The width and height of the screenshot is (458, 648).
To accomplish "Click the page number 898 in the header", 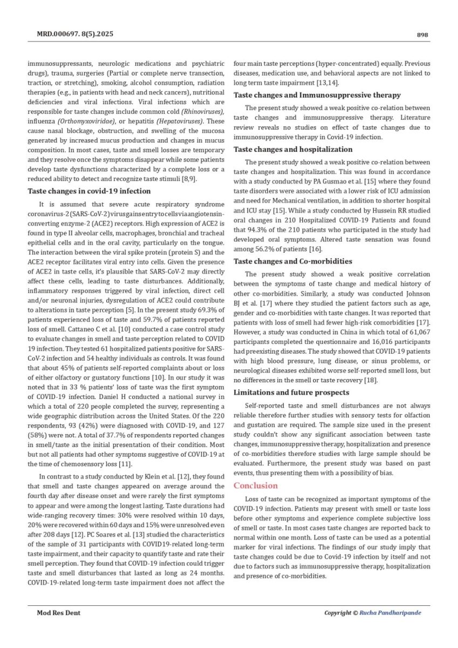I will click(x=422, y=35).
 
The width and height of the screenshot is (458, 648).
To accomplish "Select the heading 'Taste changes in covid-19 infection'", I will click(x=89, y=191).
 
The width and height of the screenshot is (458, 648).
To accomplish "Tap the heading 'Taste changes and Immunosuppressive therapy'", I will click(x=317, y=95).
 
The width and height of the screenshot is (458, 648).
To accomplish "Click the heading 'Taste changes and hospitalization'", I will click(x=293, y=149).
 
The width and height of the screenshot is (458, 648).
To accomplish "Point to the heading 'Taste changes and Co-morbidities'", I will click(x=292, y=261).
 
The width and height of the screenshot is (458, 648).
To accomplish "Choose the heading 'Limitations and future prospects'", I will click(x=291, y=392).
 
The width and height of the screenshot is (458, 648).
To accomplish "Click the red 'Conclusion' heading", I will click(x=255, y=485).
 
